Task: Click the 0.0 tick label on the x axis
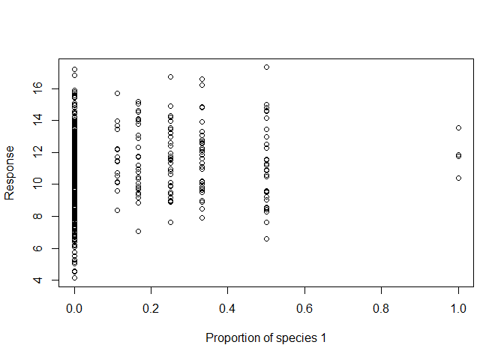coord(73,308)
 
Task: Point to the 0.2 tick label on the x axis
coord(151,308)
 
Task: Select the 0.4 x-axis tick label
coord(227,308)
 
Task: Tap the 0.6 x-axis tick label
coord(304,308)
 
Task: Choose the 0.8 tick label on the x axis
coord(381,308)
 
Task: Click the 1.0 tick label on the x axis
coord(458,308)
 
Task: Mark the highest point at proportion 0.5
coord(266,67)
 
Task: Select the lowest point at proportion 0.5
coord(266,238)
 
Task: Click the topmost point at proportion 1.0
coord(458,127)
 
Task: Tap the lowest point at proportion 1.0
coord(458,178)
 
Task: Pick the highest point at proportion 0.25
coord(170,76)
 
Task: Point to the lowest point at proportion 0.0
coord(74,277)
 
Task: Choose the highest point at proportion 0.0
coord(74,70)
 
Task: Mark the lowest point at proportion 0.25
coord(170,222)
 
